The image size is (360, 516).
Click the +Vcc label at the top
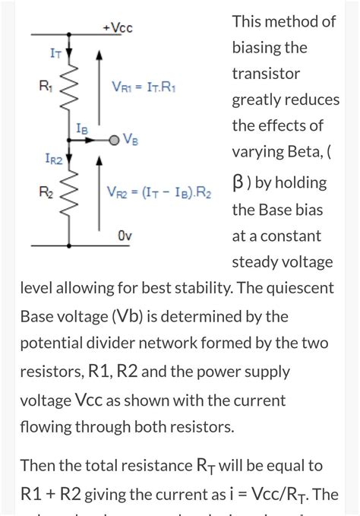coord(117,27)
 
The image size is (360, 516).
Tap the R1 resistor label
coord(45,87)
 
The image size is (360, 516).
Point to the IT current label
coord(55,53)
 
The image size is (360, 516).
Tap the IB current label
coord(82,129)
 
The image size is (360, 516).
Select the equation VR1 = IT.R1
coord(145,87)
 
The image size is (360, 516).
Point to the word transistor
coord(266,74)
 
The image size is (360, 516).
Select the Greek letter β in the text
coord(238,183)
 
